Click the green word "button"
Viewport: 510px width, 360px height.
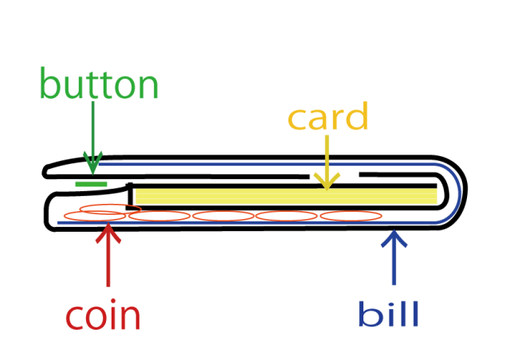[99, 84]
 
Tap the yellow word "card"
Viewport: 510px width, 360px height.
[328, 118]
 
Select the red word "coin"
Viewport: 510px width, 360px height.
[102, 316]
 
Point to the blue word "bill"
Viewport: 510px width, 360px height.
[388, 315]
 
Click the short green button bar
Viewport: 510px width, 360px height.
[91, 184]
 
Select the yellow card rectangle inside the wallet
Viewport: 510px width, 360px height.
[287, 196]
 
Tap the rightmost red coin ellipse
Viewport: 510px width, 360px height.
[351, 215]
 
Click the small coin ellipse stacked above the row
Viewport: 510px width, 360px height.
[111, 209]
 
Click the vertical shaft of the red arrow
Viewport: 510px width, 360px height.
[108, 263]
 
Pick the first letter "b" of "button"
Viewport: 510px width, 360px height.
[49, 84]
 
